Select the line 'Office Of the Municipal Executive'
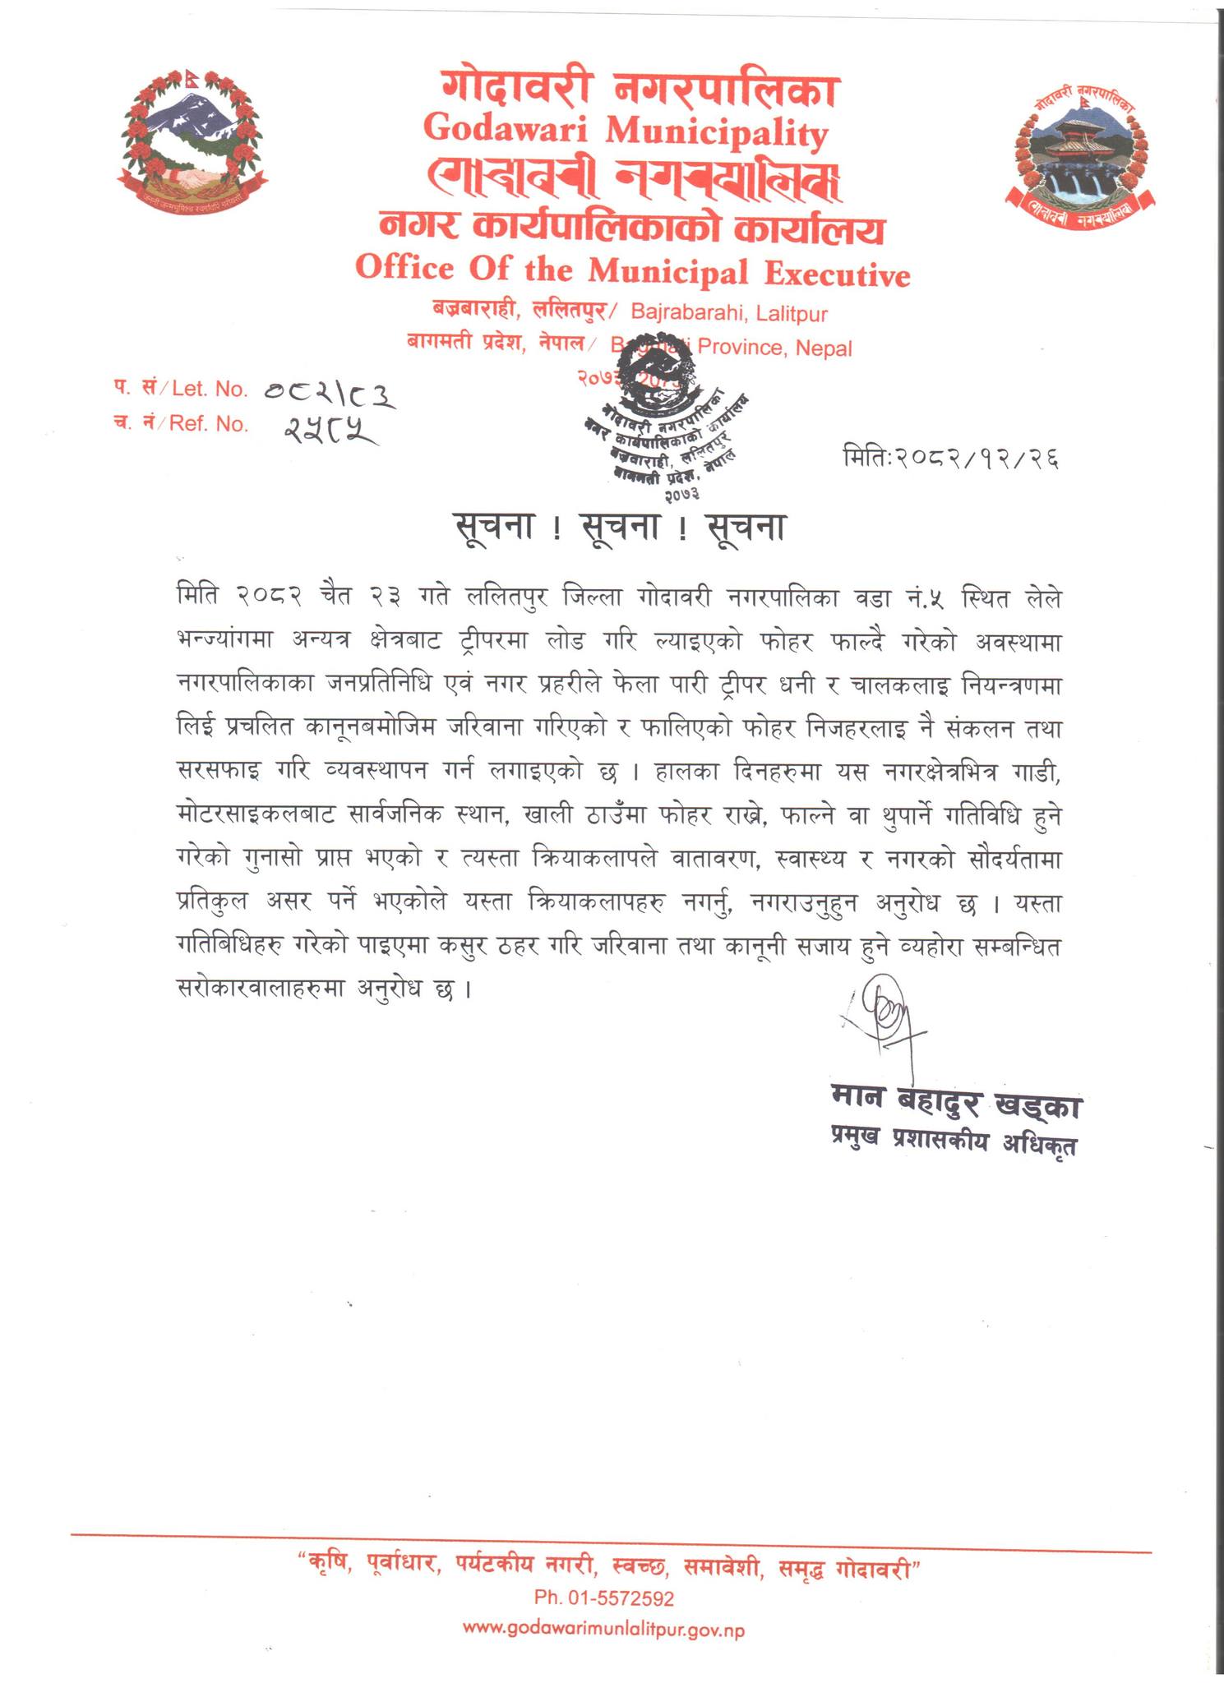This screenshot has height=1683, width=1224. (633, 272)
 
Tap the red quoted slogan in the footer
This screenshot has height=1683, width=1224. (608, 1567)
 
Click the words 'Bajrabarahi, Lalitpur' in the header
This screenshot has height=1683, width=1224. (728, 314)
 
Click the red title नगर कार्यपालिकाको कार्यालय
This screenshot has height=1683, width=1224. (631, 229)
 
